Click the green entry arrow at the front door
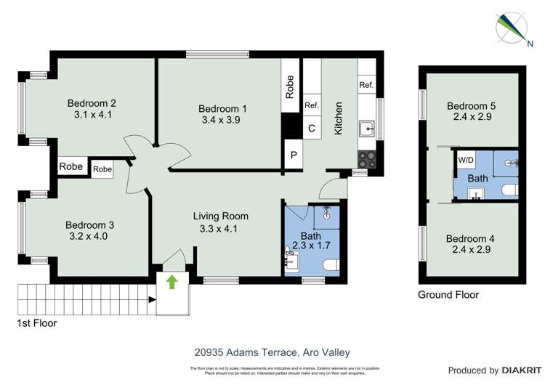coord(171,282)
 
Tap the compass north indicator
coord(511,27)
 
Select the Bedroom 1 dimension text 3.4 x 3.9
coord(222,121)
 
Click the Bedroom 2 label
coord(92,103)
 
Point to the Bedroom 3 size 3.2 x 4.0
coord(89,236)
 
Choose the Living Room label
coord(220,216)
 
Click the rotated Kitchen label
coord(338,118)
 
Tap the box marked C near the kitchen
coord(312,129)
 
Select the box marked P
coord(294,156)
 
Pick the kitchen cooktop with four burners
coord(366,159)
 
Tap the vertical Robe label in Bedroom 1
coord(290,87)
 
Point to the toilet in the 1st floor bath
coord(331,265)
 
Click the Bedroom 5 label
coord(471,106)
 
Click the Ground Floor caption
coord(448,295)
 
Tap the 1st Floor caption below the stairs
coord(36,323)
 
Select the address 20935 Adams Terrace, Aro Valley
coord(272,352)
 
